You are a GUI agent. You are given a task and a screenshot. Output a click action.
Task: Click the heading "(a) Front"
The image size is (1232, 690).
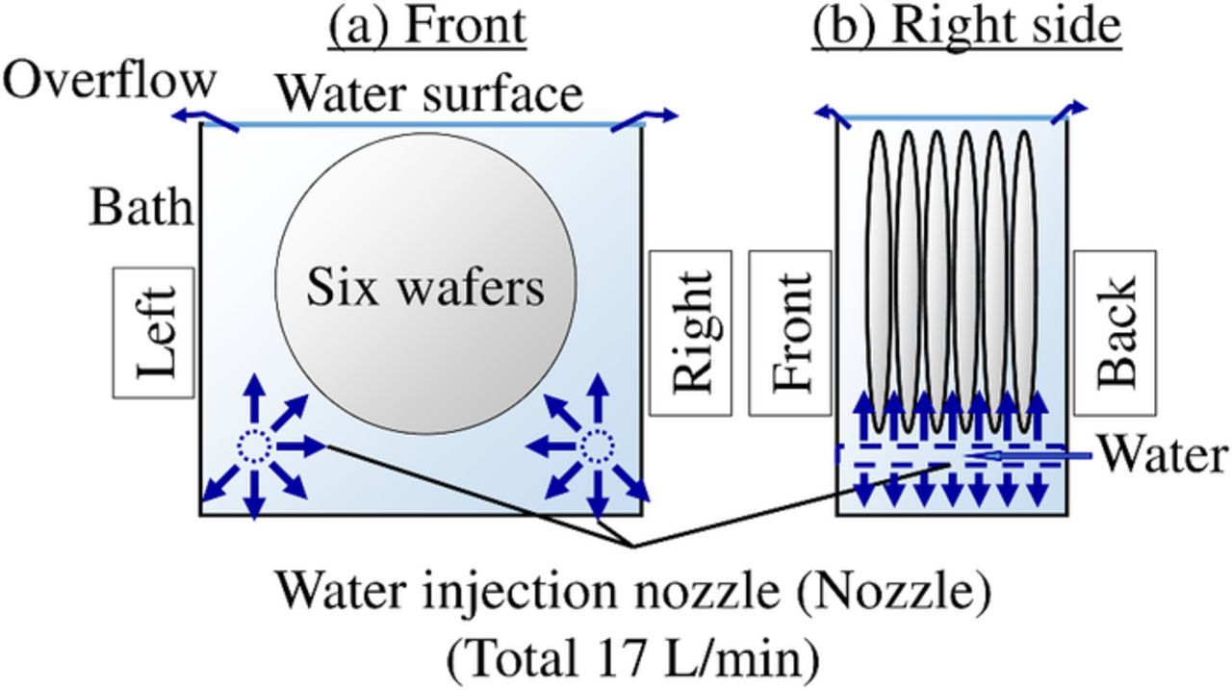coord(428,27)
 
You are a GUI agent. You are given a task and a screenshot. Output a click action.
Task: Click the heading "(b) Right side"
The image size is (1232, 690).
coord(966,27)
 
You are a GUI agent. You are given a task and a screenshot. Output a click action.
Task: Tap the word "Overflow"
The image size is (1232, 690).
coord(109,81)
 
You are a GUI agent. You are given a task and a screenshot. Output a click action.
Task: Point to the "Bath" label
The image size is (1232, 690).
coord(141,207)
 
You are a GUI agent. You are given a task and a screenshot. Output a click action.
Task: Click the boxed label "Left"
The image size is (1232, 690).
coord(155,331)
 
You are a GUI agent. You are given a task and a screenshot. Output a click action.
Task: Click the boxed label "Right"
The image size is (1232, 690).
coord(690,332)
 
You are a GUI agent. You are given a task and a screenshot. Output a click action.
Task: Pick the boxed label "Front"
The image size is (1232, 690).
coord(790,332)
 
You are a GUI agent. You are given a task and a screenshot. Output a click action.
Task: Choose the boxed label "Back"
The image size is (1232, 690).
coord(1115,332)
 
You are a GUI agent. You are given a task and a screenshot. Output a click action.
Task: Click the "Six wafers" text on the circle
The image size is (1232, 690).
coord(425,287)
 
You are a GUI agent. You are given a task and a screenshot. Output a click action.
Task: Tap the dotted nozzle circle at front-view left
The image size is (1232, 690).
coord(254,446)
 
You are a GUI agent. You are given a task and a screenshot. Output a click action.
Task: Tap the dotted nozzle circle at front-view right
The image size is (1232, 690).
coord(598,446)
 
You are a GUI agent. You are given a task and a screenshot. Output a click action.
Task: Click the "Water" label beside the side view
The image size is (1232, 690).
coord(1163,454)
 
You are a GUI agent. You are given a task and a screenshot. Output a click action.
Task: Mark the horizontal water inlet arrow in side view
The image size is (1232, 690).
coord(1030,454)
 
